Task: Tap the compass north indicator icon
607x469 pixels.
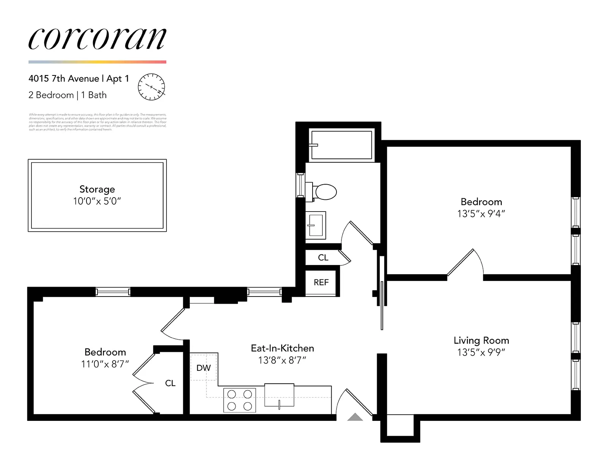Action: [x=151, y=87]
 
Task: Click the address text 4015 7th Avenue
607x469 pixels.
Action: [x=64, y=78]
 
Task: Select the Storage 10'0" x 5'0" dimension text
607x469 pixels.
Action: [x=97, y=201]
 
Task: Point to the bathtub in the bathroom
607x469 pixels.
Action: [x=341, y=145]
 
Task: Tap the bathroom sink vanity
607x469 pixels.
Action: [x=316, y=225]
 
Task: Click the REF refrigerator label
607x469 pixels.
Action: [x=321, y=282]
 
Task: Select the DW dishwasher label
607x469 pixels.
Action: [x=203, y=368]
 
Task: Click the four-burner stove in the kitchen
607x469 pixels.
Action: [x=239, y=400]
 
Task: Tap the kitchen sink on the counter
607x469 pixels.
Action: [x=279, y=395]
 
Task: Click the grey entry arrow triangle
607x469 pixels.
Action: [x=355, y=417]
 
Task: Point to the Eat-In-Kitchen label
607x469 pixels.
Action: [x=282, y=348]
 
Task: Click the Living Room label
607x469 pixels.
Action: [x=481, y=340]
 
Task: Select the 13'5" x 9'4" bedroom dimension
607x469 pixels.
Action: [x=481, y=214]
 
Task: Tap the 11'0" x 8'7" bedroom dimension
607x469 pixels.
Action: [x=105, y=364]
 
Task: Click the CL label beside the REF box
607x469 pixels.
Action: [x=323, y=257]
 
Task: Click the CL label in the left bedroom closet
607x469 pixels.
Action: [x=170, y=383]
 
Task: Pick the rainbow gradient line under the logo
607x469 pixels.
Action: [x=97, y=62]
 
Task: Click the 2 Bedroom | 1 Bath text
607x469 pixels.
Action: [x=68, y=95]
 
